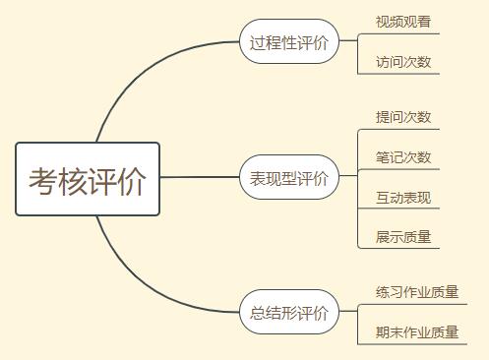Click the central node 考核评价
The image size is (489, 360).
point(87,179)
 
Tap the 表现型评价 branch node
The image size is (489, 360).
point(289,179)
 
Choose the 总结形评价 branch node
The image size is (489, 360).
point(289,314)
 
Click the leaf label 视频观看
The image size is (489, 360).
point(402,22)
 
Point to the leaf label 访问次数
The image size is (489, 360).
point(402,62)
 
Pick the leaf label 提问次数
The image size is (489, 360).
point(402,117)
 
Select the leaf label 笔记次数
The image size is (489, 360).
point(402,157)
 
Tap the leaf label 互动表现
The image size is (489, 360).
point(402,198)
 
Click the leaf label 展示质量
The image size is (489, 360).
point(402,237)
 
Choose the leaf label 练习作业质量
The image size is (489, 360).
point(416,292)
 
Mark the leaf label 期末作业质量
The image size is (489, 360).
point(416,332)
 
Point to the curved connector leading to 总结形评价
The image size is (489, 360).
point(138,280)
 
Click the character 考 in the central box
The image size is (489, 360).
point(42,180)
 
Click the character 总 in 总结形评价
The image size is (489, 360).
point(258,314)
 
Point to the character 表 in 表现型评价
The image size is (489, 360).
point(258,179)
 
